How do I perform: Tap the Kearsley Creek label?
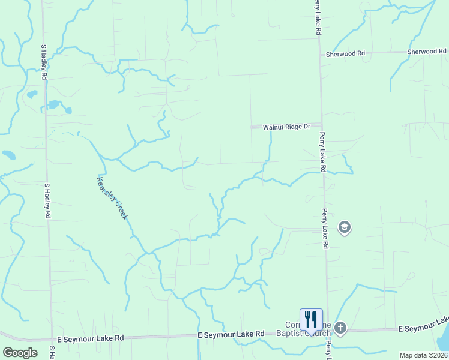click(x=112, y=198)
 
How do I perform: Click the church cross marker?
click(x=340, y=328)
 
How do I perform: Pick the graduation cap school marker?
click(x=345, y=227)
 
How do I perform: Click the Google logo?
click(x=20, y=353)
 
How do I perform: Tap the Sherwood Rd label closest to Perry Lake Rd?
click(x=345, y=53)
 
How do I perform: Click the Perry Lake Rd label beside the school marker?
click(x=325, y=229)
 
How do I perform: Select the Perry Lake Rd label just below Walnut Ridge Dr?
click(x=322, y=152)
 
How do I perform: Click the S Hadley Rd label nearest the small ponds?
click(x=44, y=62)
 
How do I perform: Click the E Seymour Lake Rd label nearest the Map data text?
click(x=423, y=329)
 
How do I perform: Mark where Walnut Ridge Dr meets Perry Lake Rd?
click(x=321, y=126)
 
